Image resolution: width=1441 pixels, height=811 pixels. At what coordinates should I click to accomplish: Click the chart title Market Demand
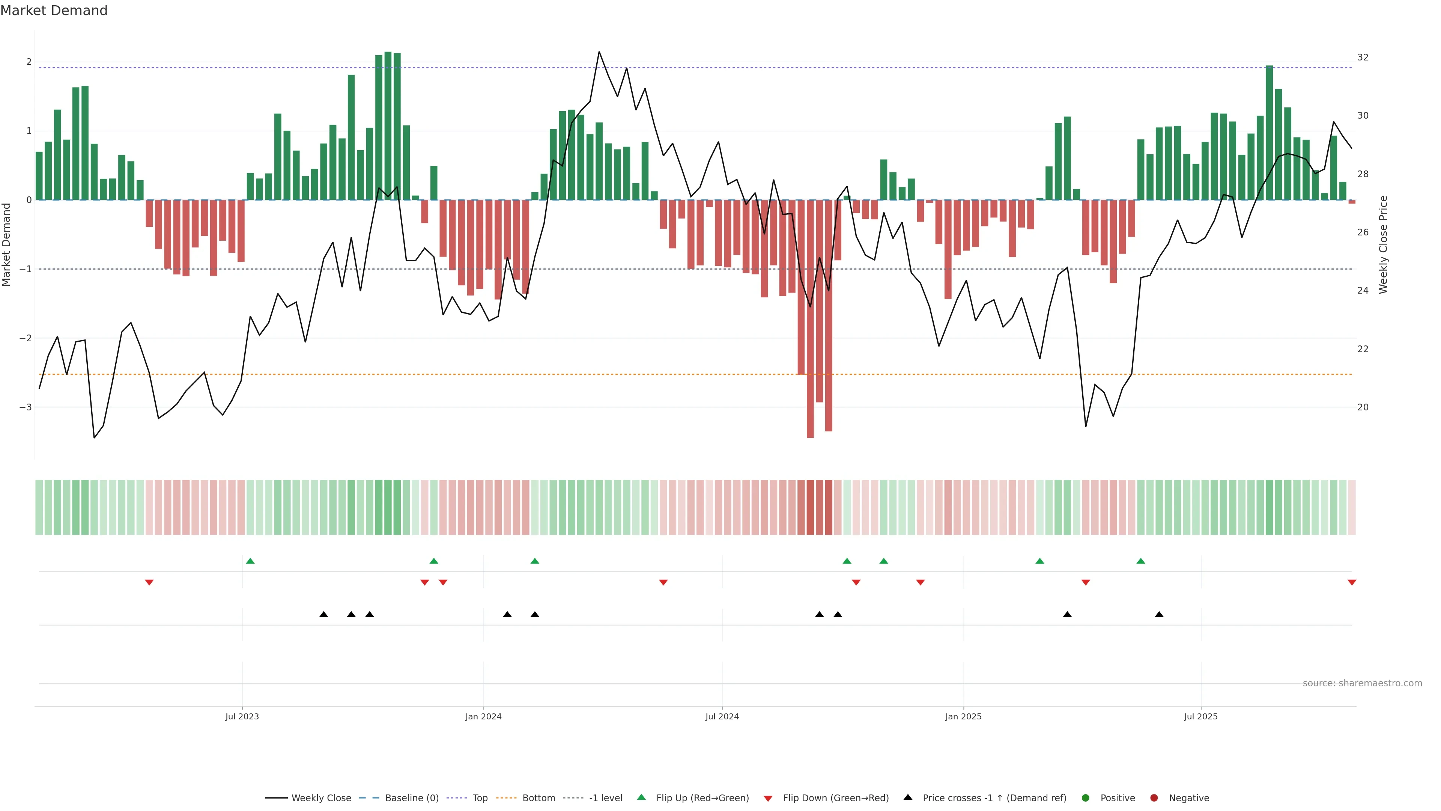(54, 11)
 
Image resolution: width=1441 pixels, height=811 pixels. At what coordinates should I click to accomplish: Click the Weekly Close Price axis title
(1383, 244)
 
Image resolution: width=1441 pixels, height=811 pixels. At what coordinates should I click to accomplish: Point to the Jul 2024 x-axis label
(722, 716)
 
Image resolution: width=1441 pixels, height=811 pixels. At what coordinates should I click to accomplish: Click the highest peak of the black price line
(599, 52)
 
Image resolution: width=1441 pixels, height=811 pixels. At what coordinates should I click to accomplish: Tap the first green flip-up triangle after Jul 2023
(250, 561)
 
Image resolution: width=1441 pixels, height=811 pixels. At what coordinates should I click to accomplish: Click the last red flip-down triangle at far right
(1351, 583)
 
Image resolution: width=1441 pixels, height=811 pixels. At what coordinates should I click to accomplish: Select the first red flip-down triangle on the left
(149, 583)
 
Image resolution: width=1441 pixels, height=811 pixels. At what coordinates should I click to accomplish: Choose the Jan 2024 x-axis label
(483, 716)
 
